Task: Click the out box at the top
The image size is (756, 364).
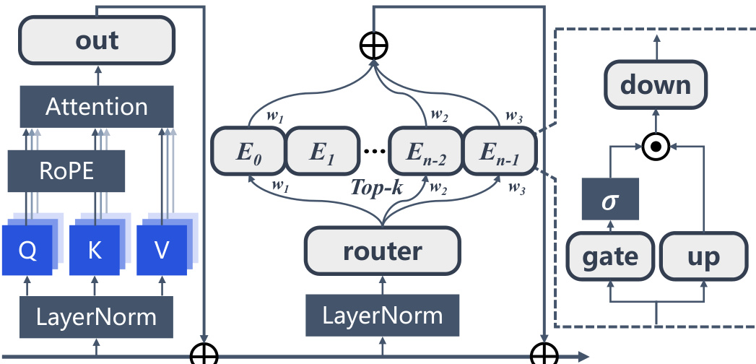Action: pos(97,40)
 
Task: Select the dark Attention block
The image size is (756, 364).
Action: pos(97,107)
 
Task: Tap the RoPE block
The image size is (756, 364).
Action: pos(66,171)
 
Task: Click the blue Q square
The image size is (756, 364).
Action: pos(27,249)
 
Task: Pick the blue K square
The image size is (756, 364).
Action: pos(94,249)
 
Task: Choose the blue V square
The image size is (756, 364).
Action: pos(162,249)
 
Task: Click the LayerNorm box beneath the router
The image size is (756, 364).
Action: pos(381,316)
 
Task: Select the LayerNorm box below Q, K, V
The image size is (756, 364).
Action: pos(97,316)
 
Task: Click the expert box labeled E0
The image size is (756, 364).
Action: pos(248,152)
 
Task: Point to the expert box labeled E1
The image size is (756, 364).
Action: pos(323,152)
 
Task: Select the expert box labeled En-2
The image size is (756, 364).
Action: pos(425,152)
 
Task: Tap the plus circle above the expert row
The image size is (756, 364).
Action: pos(373,45)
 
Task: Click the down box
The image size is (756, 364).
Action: pos(656,85)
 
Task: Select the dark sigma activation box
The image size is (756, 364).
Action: pos(610,199)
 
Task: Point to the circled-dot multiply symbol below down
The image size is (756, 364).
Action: pos(655,147)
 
